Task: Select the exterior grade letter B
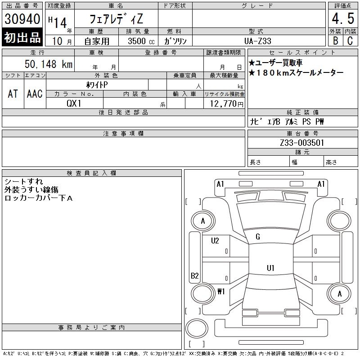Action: point(335,40)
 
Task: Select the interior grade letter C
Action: point(350,40)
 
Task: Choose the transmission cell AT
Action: point(13,94)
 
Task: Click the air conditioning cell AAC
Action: point(35,94)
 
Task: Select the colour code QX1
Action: point(74,103)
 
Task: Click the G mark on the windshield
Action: point(258,237)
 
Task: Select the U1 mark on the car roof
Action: point(270,268)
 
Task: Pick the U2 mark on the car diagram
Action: point(215,241)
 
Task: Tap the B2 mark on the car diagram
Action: point(195,276)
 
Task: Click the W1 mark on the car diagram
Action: point(221,291)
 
